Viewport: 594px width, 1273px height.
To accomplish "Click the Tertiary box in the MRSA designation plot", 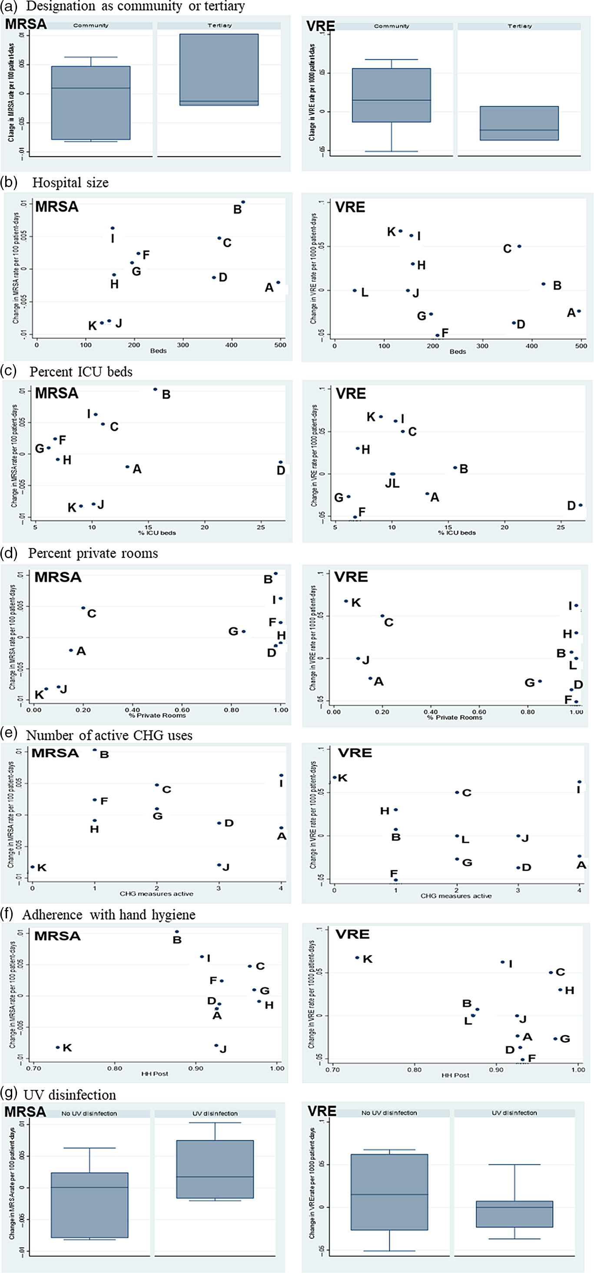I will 219,69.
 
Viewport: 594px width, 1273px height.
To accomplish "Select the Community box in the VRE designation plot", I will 391,95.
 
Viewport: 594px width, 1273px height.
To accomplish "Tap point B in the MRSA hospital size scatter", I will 243,202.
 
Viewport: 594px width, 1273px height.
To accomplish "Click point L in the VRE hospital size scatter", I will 355,290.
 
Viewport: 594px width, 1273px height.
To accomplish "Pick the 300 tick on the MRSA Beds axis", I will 183,345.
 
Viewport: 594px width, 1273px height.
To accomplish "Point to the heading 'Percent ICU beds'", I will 81,372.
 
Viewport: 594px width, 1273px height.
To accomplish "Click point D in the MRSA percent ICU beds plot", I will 280,463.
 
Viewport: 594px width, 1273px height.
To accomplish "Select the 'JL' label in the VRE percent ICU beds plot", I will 392,484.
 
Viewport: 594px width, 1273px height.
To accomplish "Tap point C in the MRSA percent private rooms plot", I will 83,608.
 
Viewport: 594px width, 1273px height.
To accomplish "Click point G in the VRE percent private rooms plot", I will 540,681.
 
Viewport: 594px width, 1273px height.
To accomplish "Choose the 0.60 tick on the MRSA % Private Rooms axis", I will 182,710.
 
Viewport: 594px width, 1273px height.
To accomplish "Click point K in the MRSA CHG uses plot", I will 33,867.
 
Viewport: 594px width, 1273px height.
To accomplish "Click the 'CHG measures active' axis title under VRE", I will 456,896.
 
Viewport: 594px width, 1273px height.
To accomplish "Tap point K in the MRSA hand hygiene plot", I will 58,1048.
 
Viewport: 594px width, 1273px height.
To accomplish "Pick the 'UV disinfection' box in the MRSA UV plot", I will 215,1169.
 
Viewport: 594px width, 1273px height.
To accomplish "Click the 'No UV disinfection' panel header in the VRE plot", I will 389,1113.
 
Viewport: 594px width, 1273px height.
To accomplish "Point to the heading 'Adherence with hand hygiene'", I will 109,915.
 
